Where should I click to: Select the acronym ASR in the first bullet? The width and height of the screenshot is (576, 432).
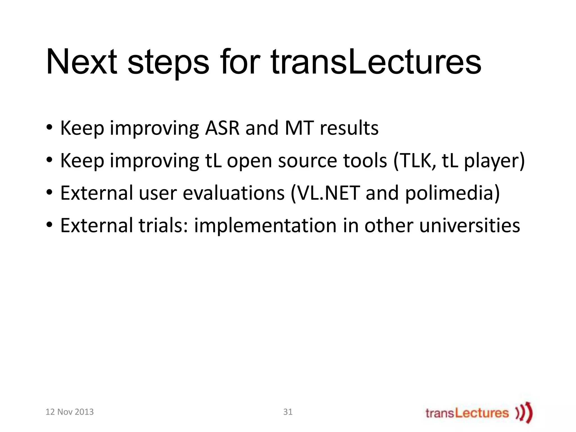click(x=222, y=128)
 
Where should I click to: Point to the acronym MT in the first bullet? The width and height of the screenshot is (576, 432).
click(x=299, y=128)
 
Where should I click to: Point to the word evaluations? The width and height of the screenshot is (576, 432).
click(x=233, y=193)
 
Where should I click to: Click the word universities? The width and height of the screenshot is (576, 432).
click(x=469, y=226)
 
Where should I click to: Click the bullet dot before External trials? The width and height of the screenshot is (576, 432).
click(x=49, y=225)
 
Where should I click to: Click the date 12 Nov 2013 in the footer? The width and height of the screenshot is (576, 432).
click(x=69, y=412)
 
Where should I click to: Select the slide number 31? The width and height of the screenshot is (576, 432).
click(x=288, y=412)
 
